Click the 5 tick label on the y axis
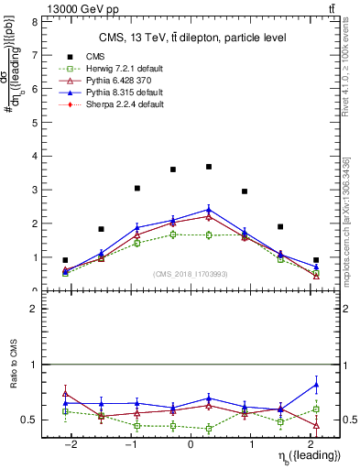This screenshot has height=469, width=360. click(36, 122)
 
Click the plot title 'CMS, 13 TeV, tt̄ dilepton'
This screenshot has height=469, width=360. click(192, 38)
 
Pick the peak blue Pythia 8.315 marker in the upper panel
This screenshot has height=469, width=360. click(209, 209)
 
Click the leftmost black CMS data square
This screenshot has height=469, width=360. click(65, 260)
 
